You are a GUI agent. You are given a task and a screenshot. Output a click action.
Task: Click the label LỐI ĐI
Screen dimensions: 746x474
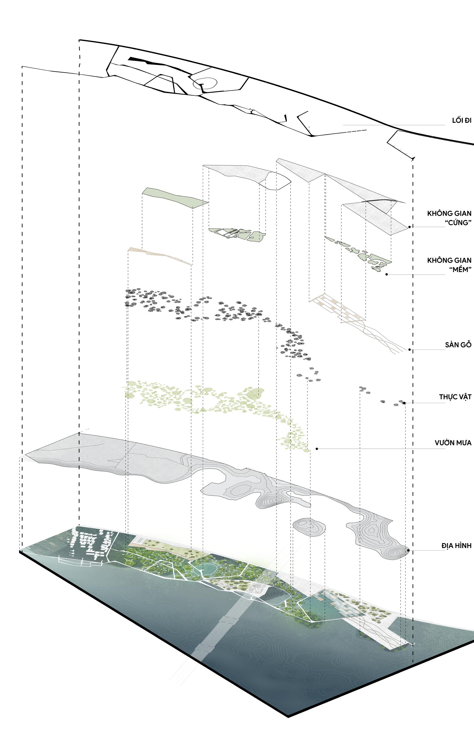(461, 121)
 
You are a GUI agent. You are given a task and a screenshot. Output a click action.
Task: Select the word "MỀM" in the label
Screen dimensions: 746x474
(460, 269)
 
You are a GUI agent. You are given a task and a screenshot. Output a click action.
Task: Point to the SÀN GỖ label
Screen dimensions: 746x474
(458, 344)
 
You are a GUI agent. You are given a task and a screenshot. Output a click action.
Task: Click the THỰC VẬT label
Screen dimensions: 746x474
(455, 397)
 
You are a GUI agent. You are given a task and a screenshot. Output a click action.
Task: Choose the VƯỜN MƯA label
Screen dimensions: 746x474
(453, 443)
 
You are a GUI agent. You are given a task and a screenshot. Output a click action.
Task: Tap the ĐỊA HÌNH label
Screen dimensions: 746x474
(456, 545)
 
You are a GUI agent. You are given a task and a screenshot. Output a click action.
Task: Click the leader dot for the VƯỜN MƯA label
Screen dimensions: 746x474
(317, 449)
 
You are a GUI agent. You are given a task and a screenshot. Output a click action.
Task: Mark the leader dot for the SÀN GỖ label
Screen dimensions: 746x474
(409, 350)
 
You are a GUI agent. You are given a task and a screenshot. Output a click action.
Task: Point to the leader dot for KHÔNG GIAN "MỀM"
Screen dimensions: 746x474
(386, 275)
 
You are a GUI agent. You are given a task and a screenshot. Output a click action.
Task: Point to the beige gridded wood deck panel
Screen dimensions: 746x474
(338, 307)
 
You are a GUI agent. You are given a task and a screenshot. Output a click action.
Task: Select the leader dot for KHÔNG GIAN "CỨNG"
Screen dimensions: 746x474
(409, 227)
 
